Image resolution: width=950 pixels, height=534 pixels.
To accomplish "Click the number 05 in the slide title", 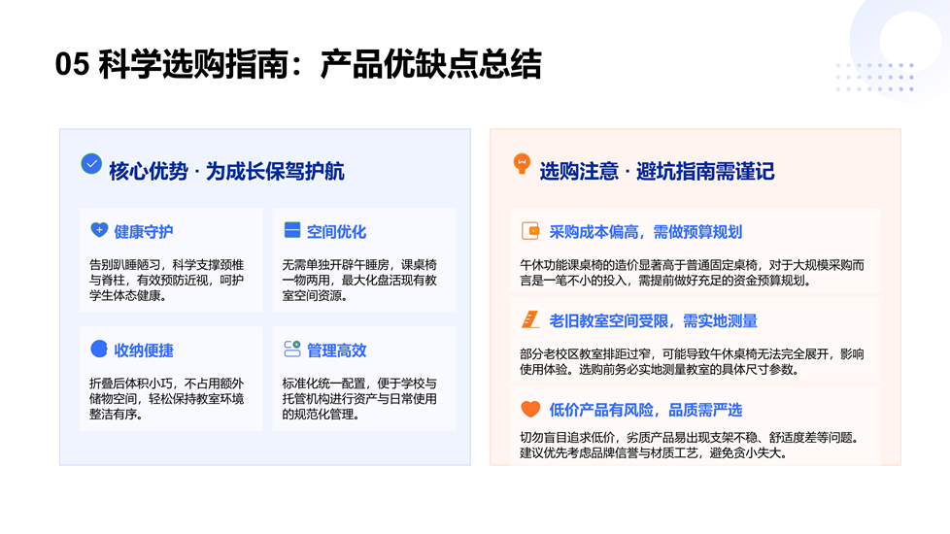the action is click(x=72, y=64).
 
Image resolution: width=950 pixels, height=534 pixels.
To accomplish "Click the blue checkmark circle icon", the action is click(x=91, y=163).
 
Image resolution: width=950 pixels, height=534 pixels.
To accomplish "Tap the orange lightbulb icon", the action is click(x=522, y=163).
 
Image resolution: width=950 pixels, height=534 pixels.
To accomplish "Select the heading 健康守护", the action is click(x=144, y=231).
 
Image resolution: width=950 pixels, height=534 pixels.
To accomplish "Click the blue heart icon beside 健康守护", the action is click(x=99, y=230).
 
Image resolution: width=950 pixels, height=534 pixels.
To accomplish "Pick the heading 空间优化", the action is click(x=336, y=231).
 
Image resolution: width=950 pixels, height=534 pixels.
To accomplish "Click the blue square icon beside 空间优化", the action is click(x=292, y=230).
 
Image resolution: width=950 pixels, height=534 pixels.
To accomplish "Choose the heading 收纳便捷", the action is click(x=144, y=350).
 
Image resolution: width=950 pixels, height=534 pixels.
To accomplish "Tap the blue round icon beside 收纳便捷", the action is click(x=99, y=349).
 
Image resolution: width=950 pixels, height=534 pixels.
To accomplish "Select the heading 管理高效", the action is click(x=336, y=350).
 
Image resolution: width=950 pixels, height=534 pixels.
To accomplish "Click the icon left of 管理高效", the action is click(x=292, y=349).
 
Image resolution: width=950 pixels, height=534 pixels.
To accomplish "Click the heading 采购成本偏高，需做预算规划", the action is click(x=645, y=231).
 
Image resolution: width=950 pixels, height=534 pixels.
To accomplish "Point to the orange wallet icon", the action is click(x=530, y=231).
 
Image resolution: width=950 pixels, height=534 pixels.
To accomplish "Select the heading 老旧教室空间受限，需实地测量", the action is click(x=653, y=320).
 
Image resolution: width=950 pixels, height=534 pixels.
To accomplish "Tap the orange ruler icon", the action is click(x=530, y=319).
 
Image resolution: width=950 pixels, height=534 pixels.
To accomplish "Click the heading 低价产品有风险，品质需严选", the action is click(x=645, y=410).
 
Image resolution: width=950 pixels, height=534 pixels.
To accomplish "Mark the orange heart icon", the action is click(x=530, y=409).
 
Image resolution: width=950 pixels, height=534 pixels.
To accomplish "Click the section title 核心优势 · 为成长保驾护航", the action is click(x=226, y=171).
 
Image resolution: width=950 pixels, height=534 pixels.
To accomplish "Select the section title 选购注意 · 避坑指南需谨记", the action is click(x=657, y=171).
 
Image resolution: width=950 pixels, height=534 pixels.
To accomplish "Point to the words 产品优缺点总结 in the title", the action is click(x=430, y=64).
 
